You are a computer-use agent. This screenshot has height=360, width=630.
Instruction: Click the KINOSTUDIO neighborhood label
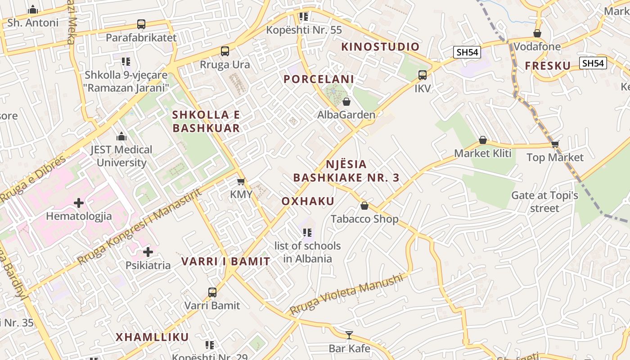click(x=380, y=47)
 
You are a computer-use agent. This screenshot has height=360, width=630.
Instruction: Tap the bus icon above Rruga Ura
click(x=225, y=51)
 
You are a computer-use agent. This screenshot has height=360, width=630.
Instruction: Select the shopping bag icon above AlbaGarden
click(x=346, y=102)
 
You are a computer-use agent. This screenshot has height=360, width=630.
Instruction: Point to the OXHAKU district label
click(x=308, y=201)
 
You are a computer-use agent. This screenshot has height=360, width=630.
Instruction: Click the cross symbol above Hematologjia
click(x=79, y=203)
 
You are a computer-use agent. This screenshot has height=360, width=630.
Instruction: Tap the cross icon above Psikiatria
click(x=148, y=252)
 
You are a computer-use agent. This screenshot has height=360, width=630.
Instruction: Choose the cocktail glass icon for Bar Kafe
click(x=349, y=335)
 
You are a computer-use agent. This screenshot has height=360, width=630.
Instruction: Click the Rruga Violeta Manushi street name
click(x=346, y=295)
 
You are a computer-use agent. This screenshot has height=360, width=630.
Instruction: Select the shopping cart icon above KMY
click(x=241, y=182)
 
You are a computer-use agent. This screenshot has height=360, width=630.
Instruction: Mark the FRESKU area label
click(x=548, y=66)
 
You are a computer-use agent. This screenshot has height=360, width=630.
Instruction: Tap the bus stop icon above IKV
click(x=422, y=75)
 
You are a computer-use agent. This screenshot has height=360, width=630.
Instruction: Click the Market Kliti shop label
click(x=482, y=153)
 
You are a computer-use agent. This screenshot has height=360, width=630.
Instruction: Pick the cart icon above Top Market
click(x=555, y=144)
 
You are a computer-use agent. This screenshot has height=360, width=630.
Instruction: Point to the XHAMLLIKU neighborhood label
click(x=152, y=337)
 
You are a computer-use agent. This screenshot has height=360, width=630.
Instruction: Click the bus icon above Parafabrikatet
click(x=141, y=24)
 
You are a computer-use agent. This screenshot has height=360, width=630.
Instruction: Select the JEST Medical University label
click(x=121, y=156)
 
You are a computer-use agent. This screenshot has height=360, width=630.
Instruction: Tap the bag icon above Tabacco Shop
click(x=364, y=206)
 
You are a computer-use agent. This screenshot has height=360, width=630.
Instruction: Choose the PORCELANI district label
click(x=319, y=79)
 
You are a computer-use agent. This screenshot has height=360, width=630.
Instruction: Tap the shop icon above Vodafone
click(x=537, y=33)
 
